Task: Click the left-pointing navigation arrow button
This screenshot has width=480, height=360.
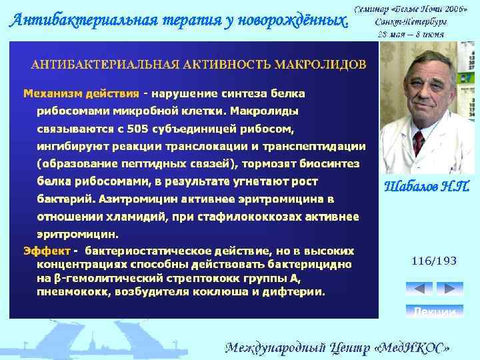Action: (x=419, y=289)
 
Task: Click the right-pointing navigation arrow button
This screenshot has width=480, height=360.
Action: (x=449, y=289)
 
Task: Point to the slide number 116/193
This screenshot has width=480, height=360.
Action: (x=434, y=261)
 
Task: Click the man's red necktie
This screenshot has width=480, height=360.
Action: (x=419, y=142)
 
